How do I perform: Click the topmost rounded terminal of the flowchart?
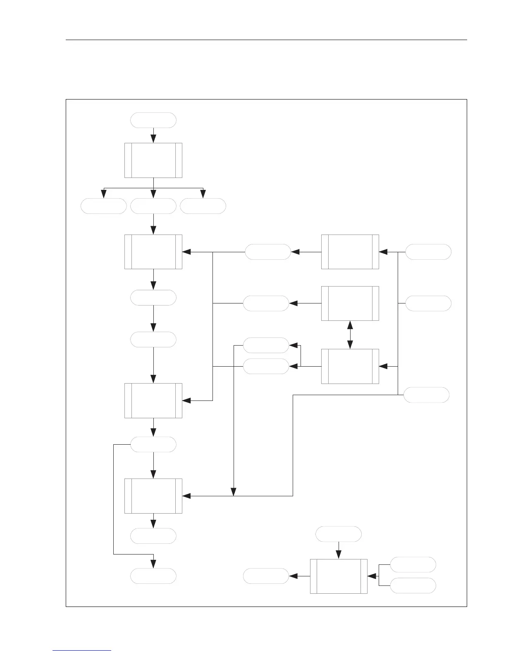tap(153, 120)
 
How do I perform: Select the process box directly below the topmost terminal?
tap(153, 160)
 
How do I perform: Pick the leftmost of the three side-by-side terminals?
tap(103, 206)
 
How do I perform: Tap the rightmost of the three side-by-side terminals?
tap(203, 206)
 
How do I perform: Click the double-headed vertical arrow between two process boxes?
tap(350, 334)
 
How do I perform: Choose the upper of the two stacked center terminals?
tap(266, 345)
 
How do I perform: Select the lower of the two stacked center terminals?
tap(266, 366)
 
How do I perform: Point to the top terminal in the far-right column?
tap(428, 252)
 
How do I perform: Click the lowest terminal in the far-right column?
tap(426, 395)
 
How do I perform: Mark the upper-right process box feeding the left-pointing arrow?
tap(350, 252)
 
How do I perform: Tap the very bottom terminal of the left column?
tap(153, 576)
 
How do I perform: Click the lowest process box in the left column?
tap(153, 496)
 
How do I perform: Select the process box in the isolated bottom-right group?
tap(339, 576)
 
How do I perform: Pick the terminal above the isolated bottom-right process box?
tap(338, 534)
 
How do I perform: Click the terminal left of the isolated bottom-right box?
tap(266, 576)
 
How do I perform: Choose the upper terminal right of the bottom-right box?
tap(413, 564)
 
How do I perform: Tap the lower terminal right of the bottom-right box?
tap(413, 585)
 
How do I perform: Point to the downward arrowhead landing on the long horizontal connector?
tap(234, 492)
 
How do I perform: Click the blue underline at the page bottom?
tap(82, 650)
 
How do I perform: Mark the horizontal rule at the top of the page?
tap(267, 40)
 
